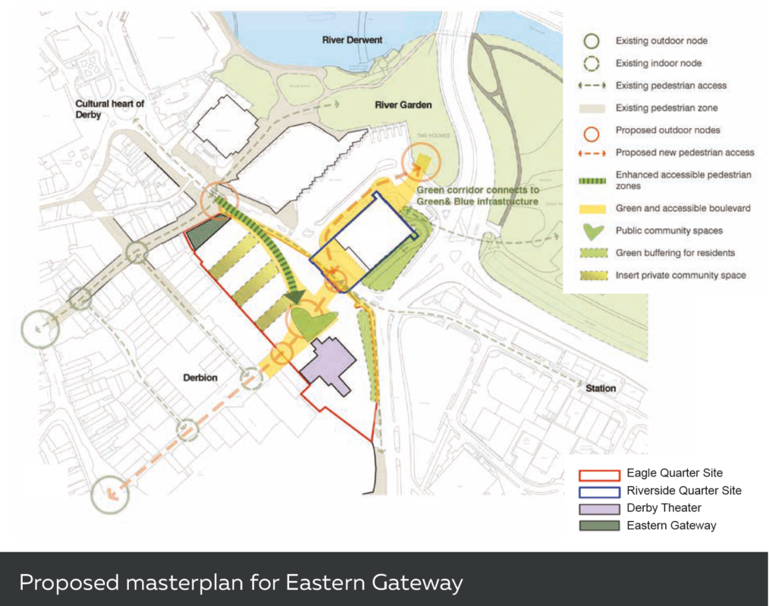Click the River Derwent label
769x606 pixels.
[352, 40]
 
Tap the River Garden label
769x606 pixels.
[403, 105]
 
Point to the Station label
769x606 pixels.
[601, 389]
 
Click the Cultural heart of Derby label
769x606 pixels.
[109, 109]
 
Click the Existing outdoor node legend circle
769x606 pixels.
[592, 41]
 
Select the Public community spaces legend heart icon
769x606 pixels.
[592, 231]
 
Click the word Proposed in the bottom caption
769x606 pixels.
[69, 583]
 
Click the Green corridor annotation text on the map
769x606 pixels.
[477, 196]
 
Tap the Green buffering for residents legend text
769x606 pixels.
[675, 253]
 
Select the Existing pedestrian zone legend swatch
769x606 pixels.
[592, 108]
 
